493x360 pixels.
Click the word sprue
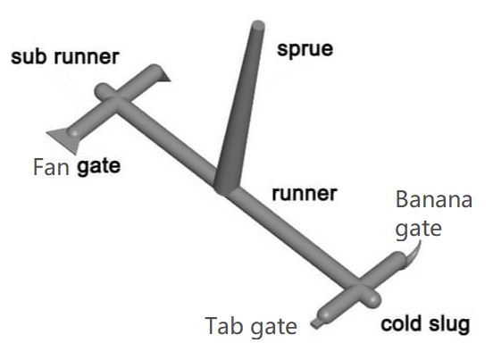(x=305, y=50)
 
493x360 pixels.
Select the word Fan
(x=51, y=167)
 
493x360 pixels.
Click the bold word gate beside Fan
(x=99, y=167)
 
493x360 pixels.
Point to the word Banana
(x=434, y=199)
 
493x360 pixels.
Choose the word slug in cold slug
(x=449, y=323)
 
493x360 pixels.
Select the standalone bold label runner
(x=305, y=194)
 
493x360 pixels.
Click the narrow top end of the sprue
(x=258, y=24)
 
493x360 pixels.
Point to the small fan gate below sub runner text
(x=164, y=76)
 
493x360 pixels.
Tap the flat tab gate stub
(x=315, y=322)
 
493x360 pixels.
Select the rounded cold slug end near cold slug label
(x=372, y=298)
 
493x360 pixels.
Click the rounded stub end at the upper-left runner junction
(x=102, y=90)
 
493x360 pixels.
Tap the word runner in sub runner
(x=87, y=57)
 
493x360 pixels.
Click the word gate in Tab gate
(x=274, y=327)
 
